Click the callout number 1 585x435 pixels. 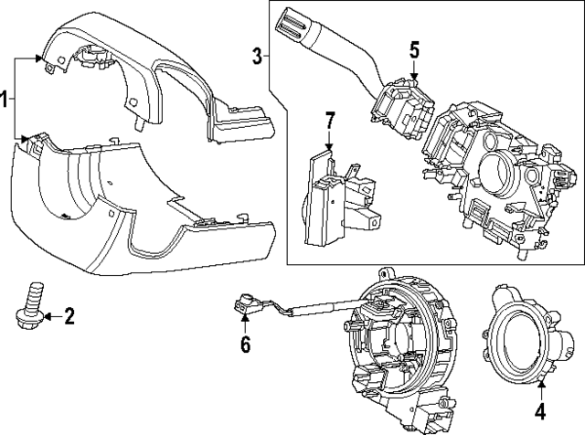6,99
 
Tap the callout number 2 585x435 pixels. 69,317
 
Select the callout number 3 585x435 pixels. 258,58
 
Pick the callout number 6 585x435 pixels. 245,344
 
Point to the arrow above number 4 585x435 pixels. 539,387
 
